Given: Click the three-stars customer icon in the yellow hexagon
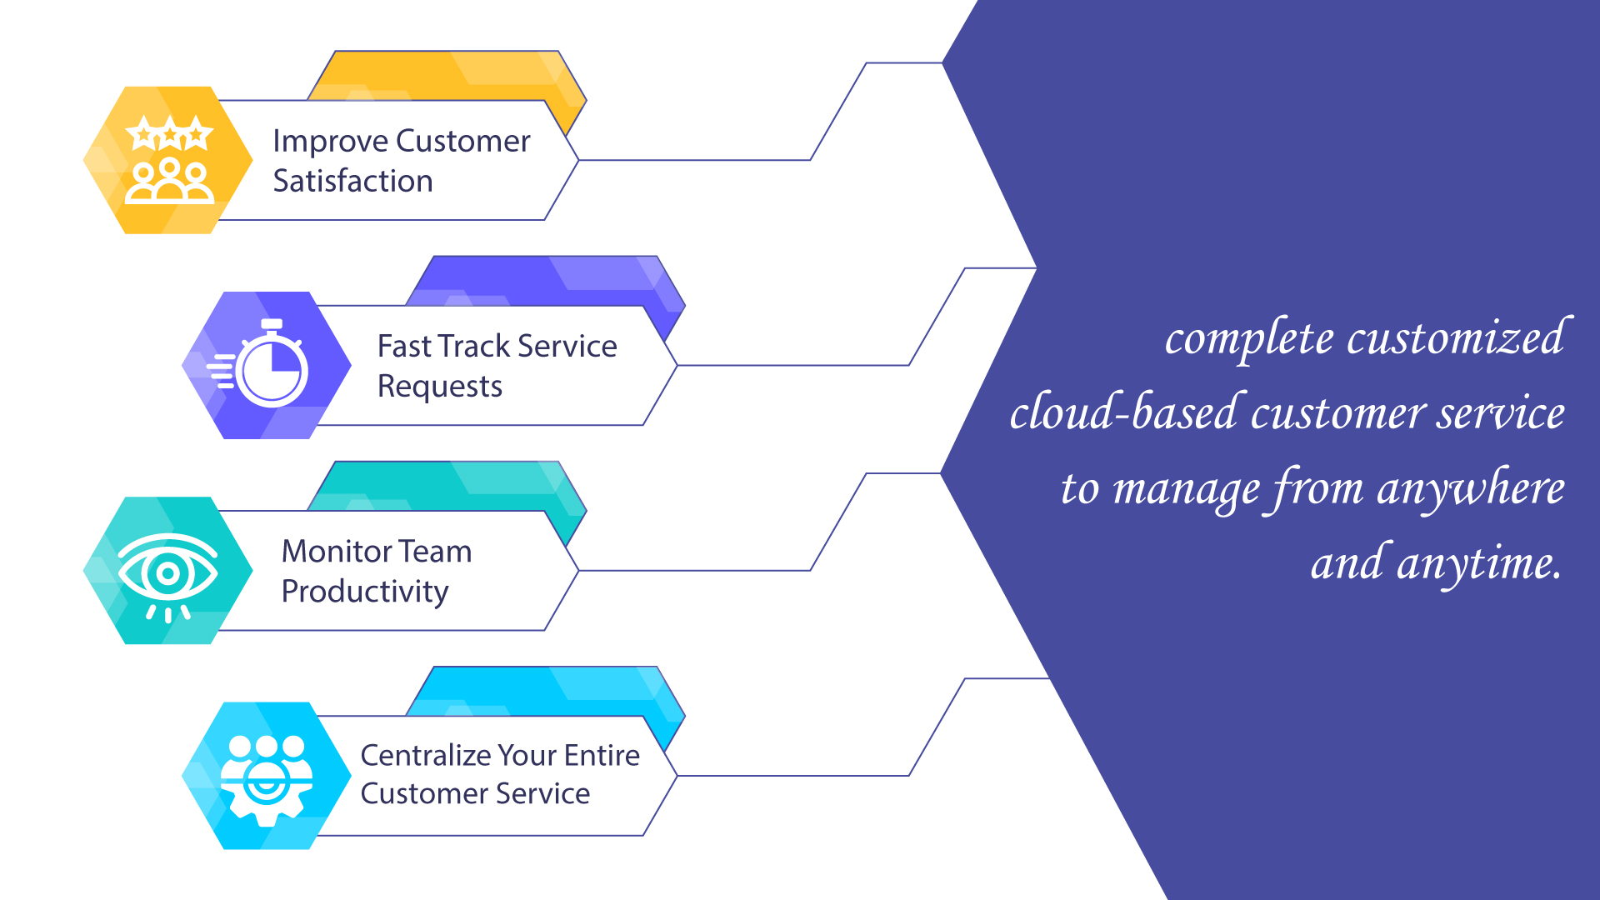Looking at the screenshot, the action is (169, 160).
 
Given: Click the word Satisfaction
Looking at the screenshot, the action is (353, 181).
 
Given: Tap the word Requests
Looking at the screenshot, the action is (440, 387).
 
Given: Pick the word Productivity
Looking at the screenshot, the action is (365, 592).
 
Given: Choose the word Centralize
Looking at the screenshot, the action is (425, 755).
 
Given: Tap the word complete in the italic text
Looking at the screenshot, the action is (1249, 340).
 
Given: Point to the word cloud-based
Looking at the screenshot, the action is (1123, 412).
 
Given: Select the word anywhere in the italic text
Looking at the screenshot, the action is (1471, 489).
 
